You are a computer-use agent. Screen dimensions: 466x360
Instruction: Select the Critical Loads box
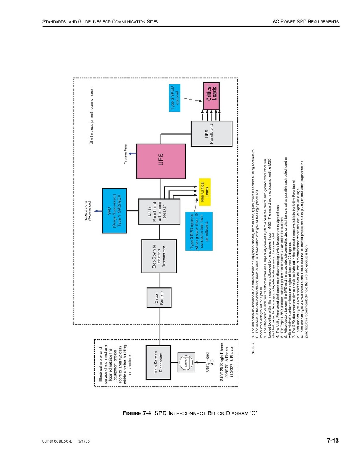coord(211,96)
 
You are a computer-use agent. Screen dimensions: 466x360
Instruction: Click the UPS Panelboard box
coord(211,133)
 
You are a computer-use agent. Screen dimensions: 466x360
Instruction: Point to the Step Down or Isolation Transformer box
coord(159,256)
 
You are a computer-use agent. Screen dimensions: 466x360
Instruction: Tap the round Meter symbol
coord(186,364)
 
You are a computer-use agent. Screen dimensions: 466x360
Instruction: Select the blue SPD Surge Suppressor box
coord(114,210)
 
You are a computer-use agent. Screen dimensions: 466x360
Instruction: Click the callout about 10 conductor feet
coord(199,232)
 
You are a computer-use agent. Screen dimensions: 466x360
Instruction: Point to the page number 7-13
coord(332,441)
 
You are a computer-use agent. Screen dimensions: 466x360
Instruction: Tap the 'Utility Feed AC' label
coord(210,362)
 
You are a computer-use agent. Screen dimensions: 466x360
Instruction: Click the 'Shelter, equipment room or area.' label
coord(92,116)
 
